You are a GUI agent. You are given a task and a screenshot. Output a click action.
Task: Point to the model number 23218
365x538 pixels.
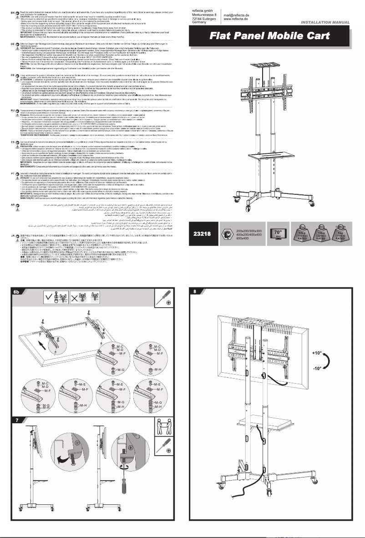pos(202,234)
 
